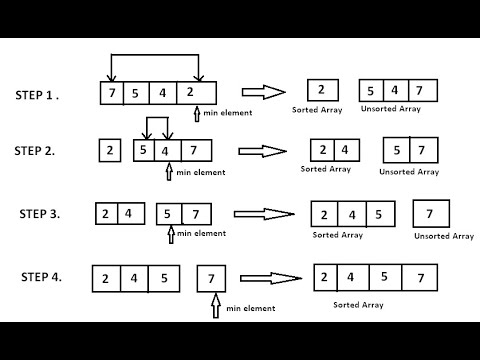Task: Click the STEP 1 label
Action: point(37,95)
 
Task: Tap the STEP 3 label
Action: point(40,214)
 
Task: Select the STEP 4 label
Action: point(41,277)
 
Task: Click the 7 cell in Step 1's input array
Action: point(112,93)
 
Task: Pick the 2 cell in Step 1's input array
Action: point(196,93)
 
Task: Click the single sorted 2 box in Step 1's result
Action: point(323,90)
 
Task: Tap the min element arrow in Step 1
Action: point(197,114)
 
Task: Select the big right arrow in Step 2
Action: point(262,151)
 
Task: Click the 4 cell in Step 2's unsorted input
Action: point(168,151)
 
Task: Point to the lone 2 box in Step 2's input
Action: point(110,151)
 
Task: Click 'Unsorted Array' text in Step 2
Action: point(409,172)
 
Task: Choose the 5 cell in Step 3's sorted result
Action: point(381,214)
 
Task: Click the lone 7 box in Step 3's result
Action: point(431,214)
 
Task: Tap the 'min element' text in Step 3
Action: point(201,233)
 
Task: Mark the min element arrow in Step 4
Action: point(216,305)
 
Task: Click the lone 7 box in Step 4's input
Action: point(211,279)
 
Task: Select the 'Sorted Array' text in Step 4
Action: point(358,305)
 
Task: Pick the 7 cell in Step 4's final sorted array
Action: point(420,278)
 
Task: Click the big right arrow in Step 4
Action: point(271,278)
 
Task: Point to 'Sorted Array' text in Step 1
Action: point(317,110)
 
